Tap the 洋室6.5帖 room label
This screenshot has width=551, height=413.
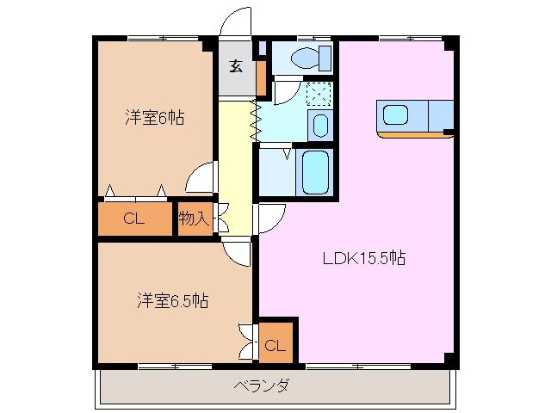[x=172, y=301]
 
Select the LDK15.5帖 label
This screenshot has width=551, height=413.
[x=364, y=257]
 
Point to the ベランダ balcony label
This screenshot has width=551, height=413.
[x=262, y=385]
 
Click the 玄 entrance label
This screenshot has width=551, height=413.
[x=236, y=64]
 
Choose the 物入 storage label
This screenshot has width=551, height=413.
[x=194, y=219]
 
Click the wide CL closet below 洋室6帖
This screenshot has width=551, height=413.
[x=133, y=219]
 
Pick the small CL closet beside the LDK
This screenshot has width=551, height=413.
[x=275, y=345]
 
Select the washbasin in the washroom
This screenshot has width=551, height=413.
[x=320, y=126]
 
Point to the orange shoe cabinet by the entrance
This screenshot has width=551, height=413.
[x=261, y=78]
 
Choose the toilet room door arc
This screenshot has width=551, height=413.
[x=287, y=90]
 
